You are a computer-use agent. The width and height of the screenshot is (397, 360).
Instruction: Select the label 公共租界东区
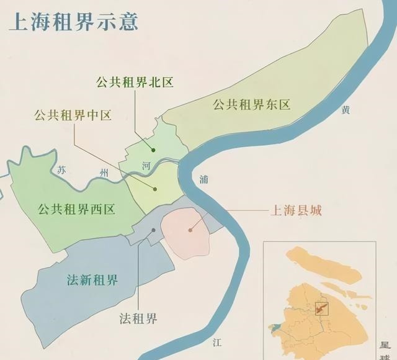251,104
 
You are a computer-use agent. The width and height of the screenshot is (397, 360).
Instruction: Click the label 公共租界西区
76,209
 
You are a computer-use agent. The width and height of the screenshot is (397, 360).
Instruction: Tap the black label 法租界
138,319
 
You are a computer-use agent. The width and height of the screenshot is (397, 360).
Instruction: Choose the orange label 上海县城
296,210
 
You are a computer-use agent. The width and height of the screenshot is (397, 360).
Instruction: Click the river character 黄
346,110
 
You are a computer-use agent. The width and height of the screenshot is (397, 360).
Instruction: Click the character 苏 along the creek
60,169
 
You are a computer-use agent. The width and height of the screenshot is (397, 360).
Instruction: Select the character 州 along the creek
104,174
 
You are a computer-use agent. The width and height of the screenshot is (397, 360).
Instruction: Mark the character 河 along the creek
146,166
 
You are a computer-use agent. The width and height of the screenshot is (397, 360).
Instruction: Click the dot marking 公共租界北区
153,149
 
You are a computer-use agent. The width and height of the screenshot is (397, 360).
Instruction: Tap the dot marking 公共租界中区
156,189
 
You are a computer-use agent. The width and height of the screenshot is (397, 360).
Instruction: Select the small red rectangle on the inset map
321,307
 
